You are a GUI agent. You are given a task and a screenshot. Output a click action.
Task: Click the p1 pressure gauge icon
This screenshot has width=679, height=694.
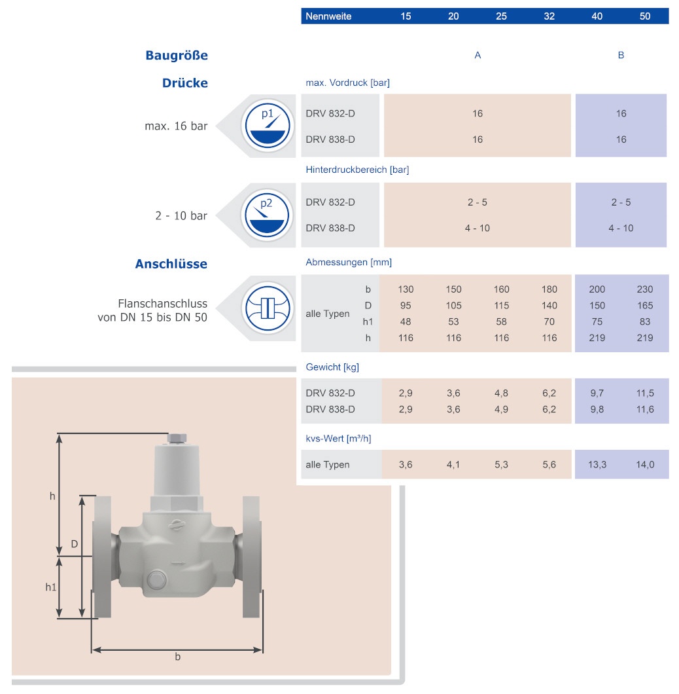pyautogui.click(x=267, y=126)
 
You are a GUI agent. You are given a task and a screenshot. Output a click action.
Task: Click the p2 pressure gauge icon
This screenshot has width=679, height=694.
pyautogui.click(x=267, y=215)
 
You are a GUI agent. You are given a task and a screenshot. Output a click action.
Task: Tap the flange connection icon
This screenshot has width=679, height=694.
pyautogui.click(x=267, y=308)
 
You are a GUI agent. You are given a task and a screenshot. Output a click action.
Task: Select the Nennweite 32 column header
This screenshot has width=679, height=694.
pyautogui.click(x=549, y=16)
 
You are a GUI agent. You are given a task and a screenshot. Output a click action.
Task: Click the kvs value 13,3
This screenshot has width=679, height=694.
pyautogui.click(x=597, y=465)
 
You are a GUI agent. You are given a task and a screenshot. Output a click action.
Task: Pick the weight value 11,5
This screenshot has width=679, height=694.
pyautogui.click(x=645, y=393)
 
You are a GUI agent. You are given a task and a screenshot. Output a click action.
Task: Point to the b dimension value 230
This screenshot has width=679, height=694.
pyautogui.click(x=645, y=289)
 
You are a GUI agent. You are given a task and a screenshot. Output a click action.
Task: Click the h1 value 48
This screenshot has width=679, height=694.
pyautogui.click(x=405, y=321)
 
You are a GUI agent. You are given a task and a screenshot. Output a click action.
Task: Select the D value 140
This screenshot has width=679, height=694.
pyautogui.click(x=549, y=306)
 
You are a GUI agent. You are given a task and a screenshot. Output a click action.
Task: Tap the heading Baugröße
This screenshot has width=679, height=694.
pyautogui.click(x=177, y=56)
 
